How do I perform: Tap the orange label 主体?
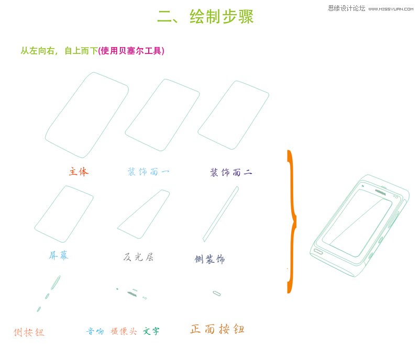[x=79, y=172]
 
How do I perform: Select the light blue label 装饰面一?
[x=148, y=172]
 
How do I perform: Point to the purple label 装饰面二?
[x=230, y=172]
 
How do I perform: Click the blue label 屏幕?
[x=59, y=255]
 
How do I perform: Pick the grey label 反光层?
[x=138, y=257]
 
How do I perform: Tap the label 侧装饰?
[x=210, y=259]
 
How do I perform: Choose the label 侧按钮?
[x=29, y=332]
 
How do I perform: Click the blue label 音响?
[x=95, y=331]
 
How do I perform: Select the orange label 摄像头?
[x=124, y=331]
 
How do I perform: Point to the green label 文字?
[x=151, y=331]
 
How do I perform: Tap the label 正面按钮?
[x=217, y=329]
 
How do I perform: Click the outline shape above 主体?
[x=87, y=115]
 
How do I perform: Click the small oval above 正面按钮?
[x=216, y=293]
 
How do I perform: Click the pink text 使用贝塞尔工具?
[x=131, y=51]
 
